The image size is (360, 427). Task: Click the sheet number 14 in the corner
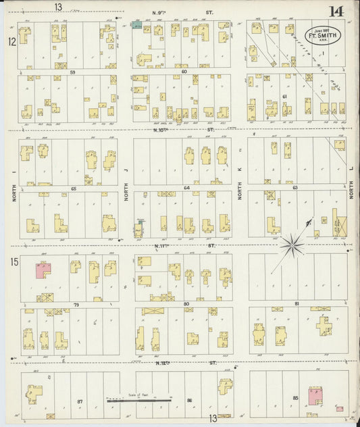[336, 11]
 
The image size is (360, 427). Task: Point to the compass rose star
[293, 243]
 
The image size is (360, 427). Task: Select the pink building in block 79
[45, 270]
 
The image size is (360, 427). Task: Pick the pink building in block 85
[315, 395]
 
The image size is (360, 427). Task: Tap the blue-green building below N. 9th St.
[136, 25]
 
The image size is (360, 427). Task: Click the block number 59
[70, 71]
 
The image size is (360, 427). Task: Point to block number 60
[184, 71]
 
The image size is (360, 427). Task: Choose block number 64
[186, 189]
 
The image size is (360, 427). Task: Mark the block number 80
[186, 305]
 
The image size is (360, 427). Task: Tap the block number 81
[297, 305]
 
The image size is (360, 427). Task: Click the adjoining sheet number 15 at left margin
[14, 260]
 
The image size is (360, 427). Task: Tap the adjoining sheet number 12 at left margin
[11, 41]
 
